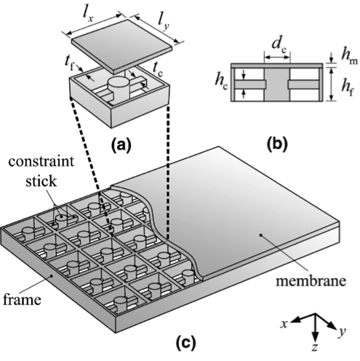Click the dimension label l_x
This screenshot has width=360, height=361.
[88, 16]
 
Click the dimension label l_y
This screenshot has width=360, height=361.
[163, 24]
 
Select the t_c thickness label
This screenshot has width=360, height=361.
[158, 70]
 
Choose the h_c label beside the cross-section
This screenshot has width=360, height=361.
[221, 81]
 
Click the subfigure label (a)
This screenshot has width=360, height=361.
[121, 145]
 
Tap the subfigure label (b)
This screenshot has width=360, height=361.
[277, 145]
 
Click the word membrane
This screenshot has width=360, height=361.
[311, 281]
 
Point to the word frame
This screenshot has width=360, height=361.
[22, 299]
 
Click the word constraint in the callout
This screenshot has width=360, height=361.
[41, 161]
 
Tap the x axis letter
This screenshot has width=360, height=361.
[284, 323]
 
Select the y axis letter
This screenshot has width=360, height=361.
[342, 332]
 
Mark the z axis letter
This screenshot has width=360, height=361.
[315, 348]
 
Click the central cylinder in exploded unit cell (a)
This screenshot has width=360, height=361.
[119, 88]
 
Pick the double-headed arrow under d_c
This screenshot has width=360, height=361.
[277, 57]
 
